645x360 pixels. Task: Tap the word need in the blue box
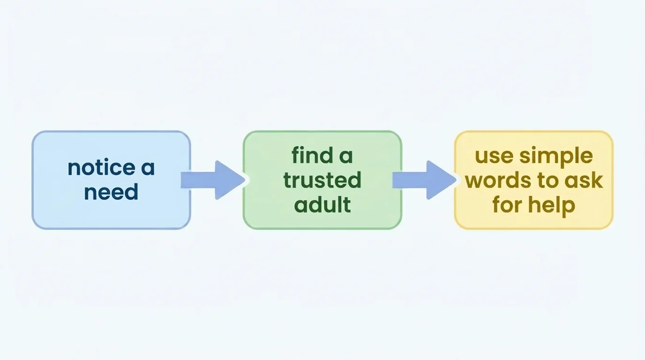tap(111, 192)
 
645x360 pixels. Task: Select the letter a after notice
tap(148, 168)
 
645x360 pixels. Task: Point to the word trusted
tap(322, 180)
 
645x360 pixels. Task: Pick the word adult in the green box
tap(322, 205)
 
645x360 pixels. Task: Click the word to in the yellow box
tap(547, 180)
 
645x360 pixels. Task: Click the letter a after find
tap(346, 155)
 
